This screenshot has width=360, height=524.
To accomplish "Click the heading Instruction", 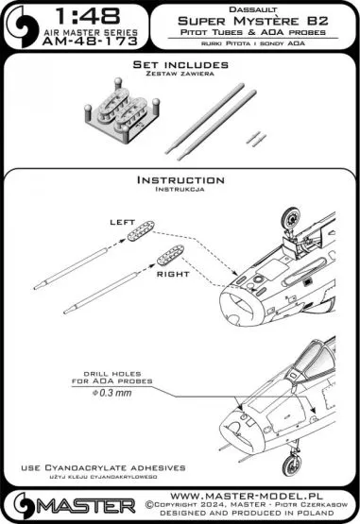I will pos(180,179).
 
